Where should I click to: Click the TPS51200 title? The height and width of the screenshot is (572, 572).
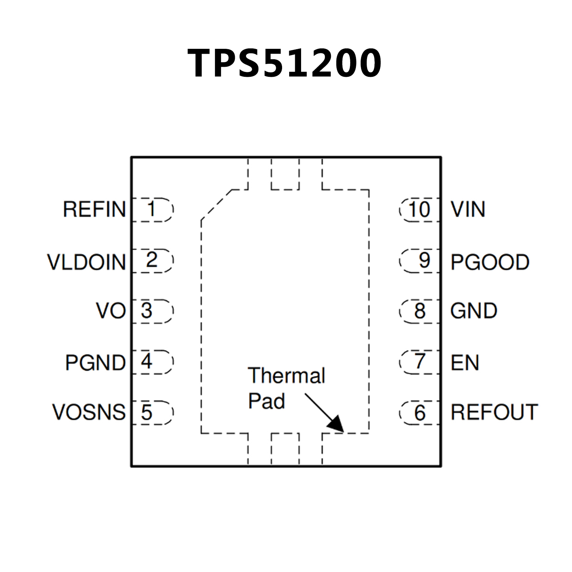[x=284, y=63]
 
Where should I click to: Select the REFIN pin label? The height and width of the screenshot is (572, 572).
[x=94, y=209]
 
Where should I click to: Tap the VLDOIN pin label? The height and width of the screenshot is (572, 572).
[x=86, y=262]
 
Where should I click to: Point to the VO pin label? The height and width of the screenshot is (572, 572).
[x=111, y=310]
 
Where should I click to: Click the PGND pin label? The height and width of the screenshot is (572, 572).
[x=95, y=362]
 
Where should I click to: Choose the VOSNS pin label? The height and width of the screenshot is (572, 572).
[x=89, y=412]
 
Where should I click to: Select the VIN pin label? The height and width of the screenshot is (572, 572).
[x=468, y=209]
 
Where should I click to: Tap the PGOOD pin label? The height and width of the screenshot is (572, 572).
[x=490, y=262]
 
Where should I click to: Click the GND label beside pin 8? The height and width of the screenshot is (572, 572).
[x=474, y=311]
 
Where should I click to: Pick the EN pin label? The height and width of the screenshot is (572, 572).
[x=464, y=363]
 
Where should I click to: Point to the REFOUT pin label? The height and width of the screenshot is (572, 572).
[x=494, y=412]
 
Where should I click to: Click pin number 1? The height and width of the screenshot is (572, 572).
[x=151, y=209]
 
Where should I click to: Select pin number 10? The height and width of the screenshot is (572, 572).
[x=419, y=209]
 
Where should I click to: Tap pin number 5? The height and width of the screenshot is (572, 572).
[x=147, y=413]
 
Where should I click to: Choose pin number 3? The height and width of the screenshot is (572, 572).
[x=147, y=311]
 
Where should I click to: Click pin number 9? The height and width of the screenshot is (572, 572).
[x=424, y=260]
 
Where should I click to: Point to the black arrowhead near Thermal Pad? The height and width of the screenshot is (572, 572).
[x=335, y=424]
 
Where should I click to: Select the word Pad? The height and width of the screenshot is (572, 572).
[x=266, y=401]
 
